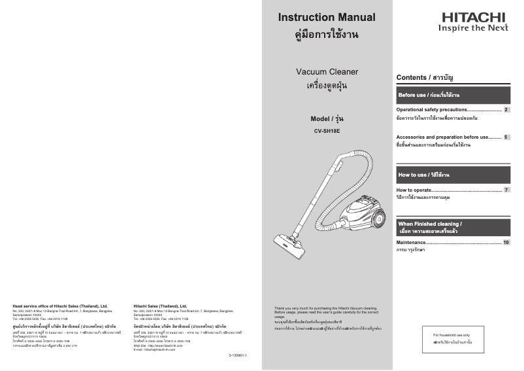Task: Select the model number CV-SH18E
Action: click(327, 131)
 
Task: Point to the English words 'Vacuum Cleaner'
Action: click(327, 71)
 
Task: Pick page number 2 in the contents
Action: click(506, 109)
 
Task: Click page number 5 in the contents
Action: click(506, 137)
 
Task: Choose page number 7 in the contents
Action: click(506, 190)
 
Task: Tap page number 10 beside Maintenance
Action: click(506, 243)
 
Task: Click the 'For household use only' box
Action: click(455, 338)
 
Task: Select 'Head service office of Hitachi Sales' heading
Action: click(60, 306)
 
